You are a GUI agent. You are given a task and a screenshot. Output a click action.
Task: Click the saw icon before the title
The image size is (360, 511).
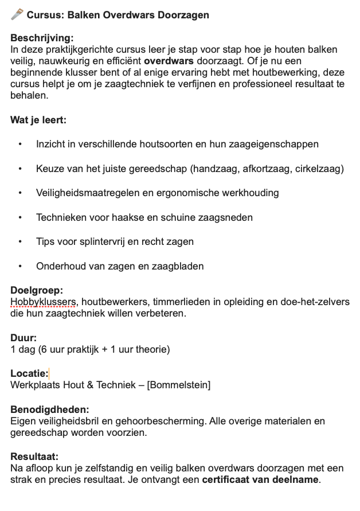click(x=17, y=14)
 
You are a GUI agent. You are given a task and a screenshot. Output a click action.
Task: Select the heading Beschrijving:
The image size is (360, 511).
click(x=42, y=38)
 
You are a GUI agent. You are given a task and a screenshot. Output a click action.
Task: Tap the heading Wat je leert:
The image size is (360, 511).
click(x=38, y=120)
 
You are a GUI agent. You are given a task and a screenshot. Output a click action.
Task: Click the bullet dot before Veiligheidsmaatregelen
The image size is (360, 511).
click(x=21, y=193)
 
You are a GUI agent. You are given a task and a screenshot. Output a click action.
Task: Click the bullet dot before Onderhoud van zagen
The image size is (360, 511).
click(x=21, y=266)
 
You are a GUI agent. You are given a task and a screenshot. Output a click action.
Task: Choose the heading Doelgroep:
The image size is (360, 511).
click(x=37, y=291)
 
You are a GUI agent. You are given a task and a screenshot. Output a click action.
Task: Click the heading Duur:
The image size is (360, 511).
click(x=24, y=338)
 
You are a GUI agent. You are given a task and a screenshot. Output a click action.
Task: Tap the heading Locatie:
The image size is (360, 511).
click(x=29, y=374)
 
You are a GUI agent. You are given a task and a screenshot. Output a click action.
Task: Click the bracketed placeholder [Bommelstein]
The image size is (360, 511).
click(x=178, y=385)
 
